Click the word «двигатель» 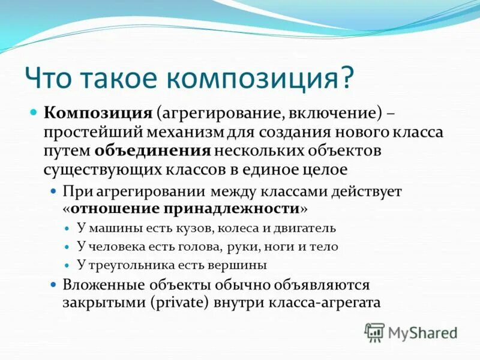pyautogui.click(x=305, y=229)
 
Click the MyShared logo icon pyautogui.click(x=375, y=332)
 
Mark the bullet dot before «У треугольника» pyautogui.click(x=67, y=265)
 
